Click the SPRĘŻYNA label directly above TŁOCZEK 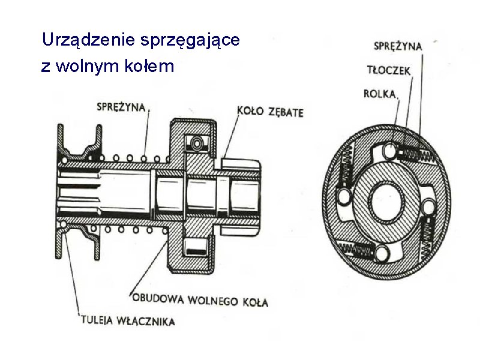[x=398, y=46]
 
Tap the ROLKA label [x=380, y=93]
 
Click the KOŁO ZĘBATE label [x=270, y=112]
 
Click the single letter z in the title [x=46, y=66]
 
